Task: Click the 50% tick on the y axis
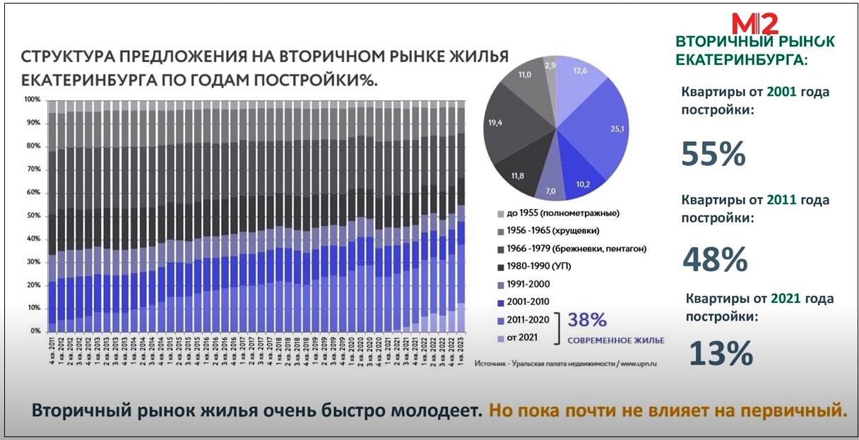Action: (x=33, y=215)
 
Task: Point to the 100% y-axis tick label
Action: (x=32, y=100)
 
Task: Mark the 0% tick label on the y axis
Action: (x=35, y=331)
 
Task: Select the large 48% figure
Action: (x=715, y=259)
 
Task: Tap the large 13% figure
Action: (x=720, y=352)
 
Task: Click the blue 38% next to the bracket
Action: (x=588, y=321)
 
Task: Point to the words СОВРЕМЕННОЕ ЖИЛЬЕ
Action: (x=616, y=340)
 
